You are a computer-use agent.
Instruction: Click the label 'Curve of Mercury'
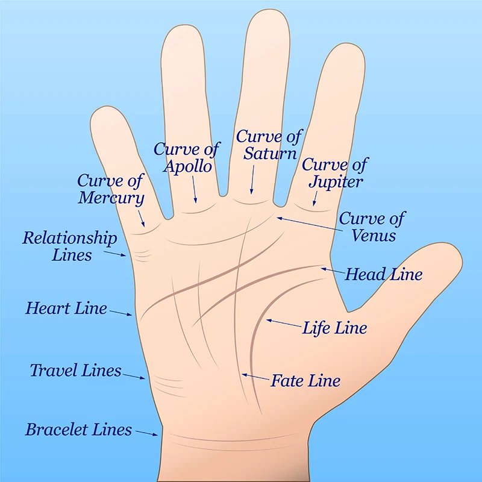click(x=111, y=189)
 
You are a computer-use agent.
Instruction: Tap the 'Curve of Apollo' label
click(x=187, y=158)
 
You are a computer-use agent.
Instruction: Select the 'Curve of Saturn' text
click(x=269, y=145)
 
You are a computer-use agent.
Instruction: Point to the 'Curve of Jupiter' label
click(x=335, y=173)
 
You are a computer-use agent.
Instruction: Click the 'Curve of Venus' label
click(x=372, y=227)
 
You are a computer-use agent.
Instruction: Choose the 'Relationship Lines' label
click(x=70, y=246)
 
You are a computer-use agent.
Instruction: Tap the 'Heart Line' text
click(x=66, y=308)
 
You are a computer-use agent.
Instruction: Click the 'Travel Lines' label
click(x=76, y=370)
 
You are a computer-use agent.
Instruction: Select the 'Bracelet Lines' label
click(x=79, y=430)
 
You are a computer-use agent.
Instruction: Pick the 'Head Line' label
click(x=384, y=274)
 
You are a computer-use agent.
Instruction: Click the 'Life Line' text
click(x=335, y=327)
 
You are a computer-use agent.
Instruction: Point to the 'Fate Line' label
click(x=305, y=381)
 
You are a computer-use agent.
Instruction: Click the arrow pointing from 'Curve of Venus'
click(x=310, y=224)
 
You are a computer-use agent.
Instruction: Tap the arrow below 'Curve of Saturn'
click(x=252, y=180)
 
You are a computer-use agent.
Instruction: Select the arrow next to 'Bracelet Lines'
click(x=147, y=433)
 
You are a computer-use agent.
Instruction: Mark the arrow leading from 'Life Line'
click(x=284, y=323)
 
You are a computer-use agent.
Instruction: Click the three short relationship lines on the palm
click(x=142, y=255)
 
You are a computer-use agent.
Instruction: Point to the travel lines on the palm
click(x=169, y=386)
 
